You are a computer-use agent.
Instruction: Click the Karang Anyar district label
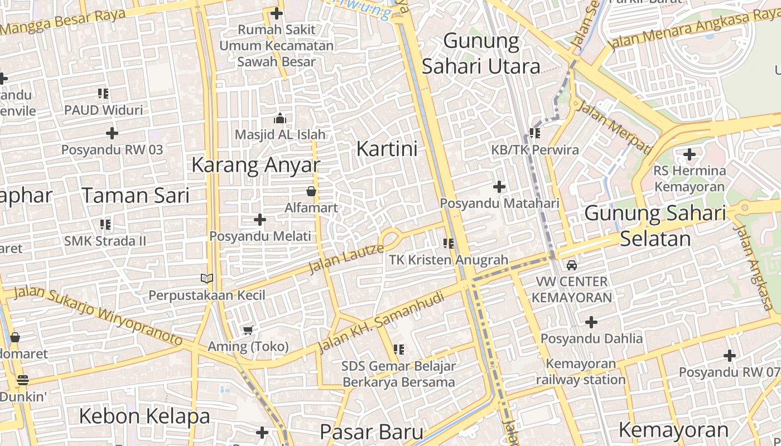tap(255, 165)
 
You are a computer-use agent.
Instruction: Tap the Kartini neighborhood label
tap(387, 149)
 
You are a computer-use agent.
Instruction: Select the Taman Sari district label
tap(136, 195)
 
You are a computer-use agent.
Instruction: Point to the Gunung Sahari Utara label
tap(481, 54)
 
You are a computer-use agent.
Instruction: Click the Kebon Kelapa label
tap(144, 416)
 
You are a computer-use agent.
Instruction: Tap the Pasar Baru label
tap(372, 432)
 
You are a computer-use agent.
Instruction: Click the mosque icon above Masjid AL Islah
tap(280, 118)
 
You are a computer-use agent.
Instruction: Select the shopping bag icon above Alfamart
tap(311, 192)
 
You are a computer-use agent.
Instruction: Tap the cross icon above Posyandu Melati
tap(260, 220)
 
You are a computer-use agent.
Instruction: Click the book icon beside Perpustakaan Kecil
tap(207, 278)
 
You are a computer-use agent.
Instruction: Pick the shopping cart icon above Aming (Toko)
tap(248, 331)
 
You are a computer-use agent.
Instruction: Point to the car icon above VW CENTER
tap(572, 265)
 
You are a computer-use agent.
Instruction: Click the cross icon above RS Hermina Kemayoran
tap(690, 154)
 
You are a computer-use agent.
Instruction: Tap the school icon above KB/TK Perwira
tap(535, 133)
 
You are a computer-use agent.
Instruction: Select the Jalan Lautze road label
tap(346, 259)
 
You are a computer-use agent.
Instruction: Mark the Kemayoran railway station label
tap(581, 372)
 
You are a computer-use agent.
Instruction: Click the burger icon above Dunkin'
tap(23, 380)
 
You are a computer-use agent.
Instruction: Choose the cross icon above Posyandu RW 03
tap(112, 133)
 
